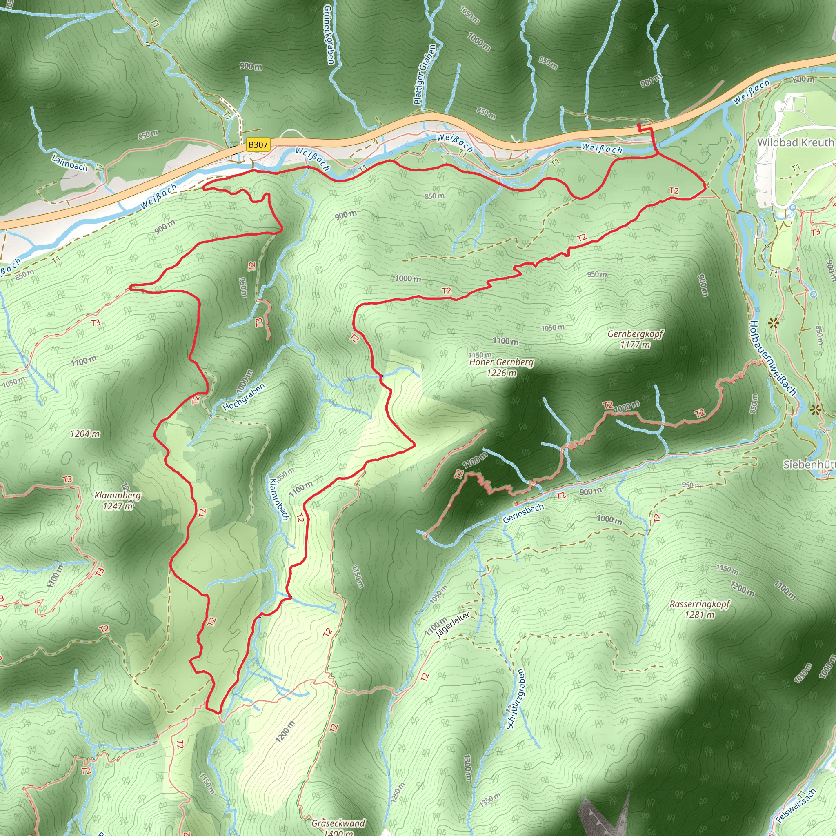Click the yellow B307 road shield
258,145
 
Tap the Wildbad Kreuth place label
795,142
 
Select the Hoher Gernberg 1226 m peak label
502,367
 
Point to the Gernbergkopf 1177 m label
635,339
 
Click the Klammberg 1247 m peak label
118,500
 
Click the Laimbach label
69,163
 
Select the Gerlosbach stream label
523,513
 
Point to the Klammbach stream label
279,499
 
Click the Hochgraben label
244,397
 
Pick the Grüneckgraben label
329,35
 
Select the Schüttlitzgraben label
516,699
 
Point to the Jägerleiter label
453,625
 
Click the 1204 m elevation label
85,434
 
